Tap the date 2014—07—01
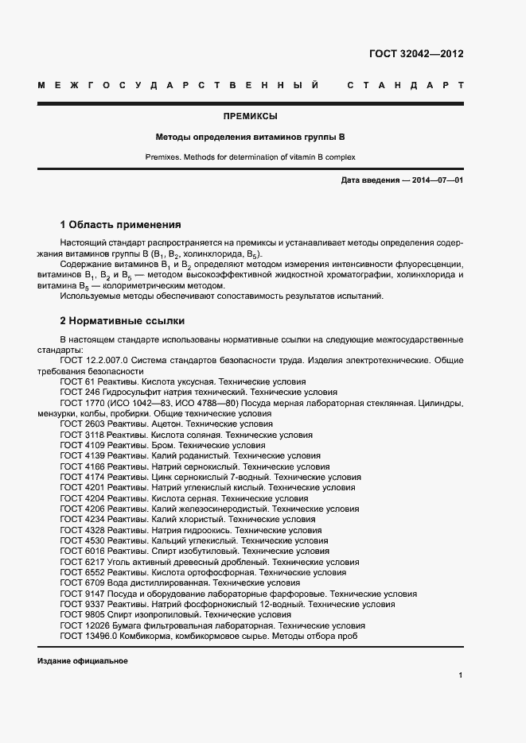coord(436,180)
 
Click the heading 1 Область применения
coord(120,225)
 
